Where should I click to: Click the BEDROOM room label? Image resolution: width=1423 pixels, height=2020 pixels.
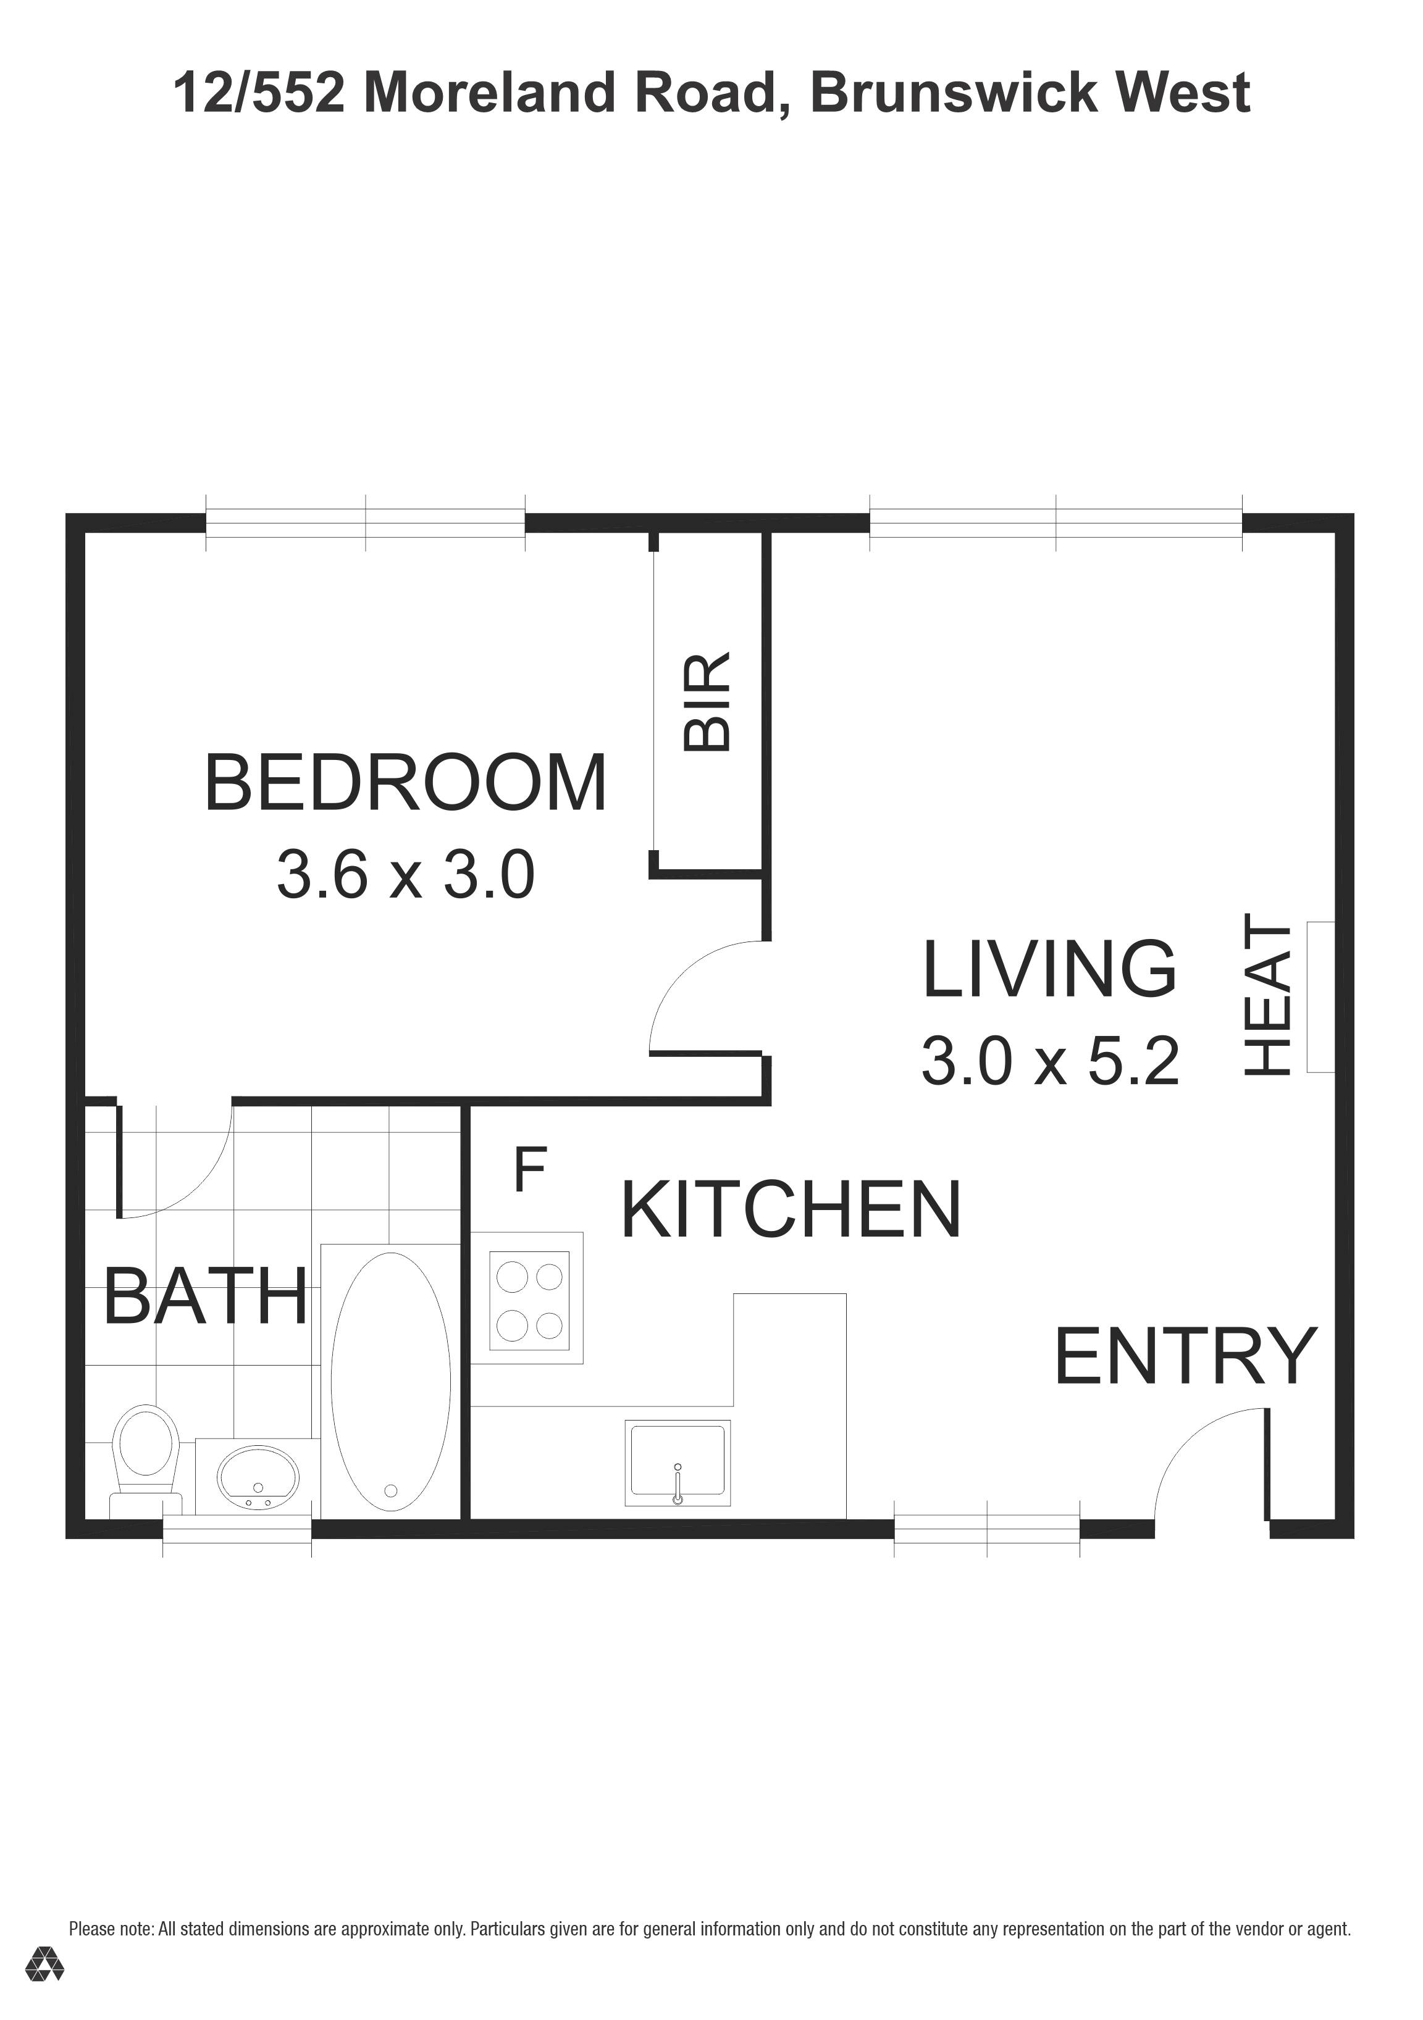[406, 782]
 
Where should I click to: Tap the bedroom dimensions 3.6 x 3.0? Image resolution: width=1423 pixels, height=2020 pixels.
[406, 875]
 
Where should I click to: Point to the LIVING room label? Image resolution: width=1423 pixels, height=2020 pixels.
[1049, 969]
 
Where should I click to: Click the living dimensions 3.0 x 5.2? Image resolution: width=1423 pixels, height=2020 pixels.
[1049, 1061]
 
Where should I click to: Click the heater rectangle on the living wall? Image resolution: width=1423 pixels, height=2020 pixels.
[1320, 997]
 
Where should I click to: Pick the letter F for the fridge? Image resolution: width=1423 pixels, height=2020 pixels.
[530, 1169]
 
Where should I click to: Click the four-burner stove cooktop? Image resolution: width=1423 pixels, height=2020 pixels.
[529, 1300]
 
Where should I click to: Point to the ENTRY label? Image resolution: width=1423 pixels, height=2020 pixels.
[1185, 1356]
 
